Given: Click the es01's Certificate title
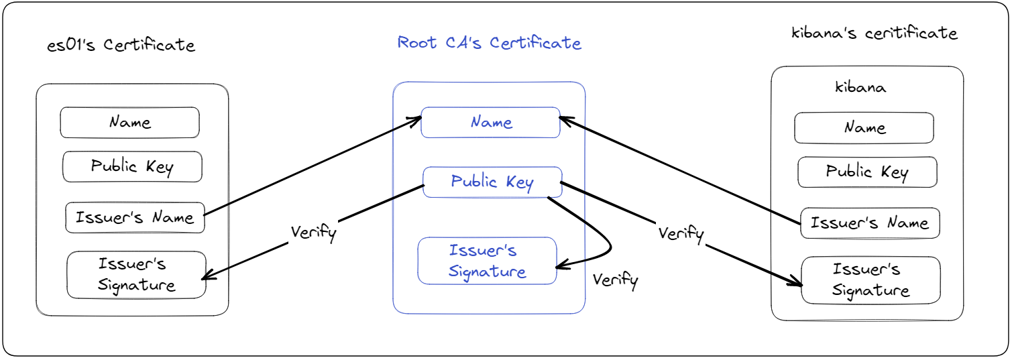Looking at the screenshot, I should click(121, 46).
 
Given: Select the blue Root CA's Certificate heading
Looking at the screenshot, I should click(489, 43).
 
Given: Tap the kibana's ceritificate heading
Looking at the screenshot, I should click(875, 33).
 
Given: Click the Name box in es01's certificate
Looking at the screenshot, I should click(130, 123).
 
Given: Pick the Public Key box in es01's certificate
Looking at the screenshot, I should click(132, 167).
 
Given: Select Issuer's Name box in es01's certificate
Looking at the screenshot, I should click(135, 218).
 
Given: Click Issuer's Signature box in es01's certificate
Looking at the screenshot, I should click(136, 275).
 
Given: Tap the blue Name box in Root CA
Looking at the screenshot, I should click(490, 123).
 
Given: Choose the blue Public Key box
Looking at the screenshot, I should click(492, 182).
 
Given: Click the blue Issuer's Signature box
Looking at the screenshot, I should click(487, 261).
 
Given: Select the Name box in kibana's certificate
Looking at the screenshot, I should click(864, 128).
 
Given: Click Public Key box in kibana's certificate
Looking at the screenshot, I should click(866, 172).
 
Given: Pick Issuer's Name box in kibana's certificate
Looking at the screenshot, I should click(870, 223).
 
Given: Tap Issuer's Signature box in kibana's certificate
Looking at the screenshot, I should click(871, 280).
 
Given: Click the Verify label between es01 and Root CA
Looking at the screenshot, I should click(313, 233).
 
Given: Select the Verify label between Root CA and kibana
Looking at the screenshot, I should click(681, 234).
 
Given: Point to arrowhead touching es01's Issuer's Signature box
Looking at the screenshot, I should click(207, 278).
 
